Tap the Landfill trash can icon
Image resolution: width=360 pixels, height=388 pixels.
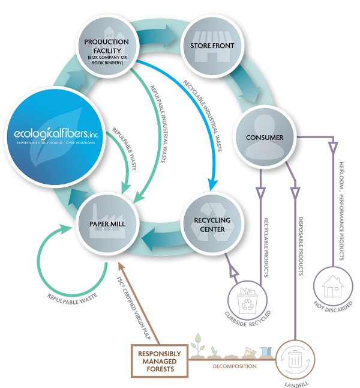coord(294,359)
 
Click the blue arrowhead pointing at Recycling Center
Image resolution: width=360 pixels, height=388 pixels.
coord(211,183)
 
